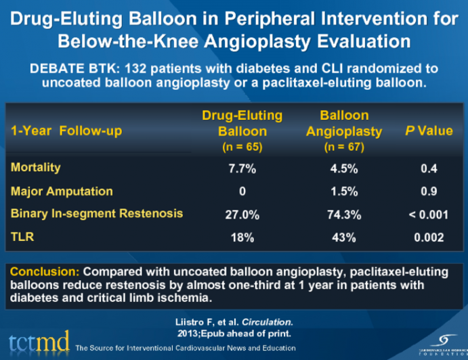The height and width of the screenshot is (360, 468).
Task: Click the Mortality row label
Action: coord(36,167)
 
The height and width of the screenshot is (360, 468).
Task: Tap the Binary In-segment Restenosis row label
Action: coord(97,213)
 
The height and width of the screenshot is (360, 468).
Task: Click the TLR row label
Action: coord(22,237)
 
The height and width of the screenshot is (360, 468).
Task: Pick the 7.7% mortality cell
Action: coord(242,168)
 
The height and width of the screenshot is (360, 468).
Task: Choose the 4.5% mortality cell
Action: coord(343,168)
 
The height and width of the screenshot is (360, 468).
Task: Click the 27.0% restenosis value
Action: coord(242,214)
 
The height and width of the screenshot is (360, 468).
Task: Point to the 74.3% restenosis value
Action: coord(343,214)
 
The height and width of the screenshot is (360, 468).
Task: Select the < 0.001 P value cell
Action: coord(428,214)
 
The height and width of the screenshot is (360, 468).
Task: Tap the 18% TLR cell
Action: coord(242,238)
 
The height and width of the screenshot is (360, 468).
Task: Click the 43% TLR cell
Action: coord(343,238)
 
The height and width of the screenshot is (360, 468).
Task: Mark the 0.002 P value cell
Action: coord(428,238)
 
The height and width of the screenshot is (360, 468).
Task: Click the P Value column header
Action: coord(428,131)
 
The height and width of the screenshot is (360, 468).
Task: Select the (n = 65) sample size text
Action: coord(242,145)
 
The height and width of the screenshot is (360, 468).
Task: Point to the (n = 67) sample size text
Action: coord(343,145)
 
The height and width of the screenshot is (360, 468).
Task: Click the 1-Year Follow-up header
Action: coord(66,131)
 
